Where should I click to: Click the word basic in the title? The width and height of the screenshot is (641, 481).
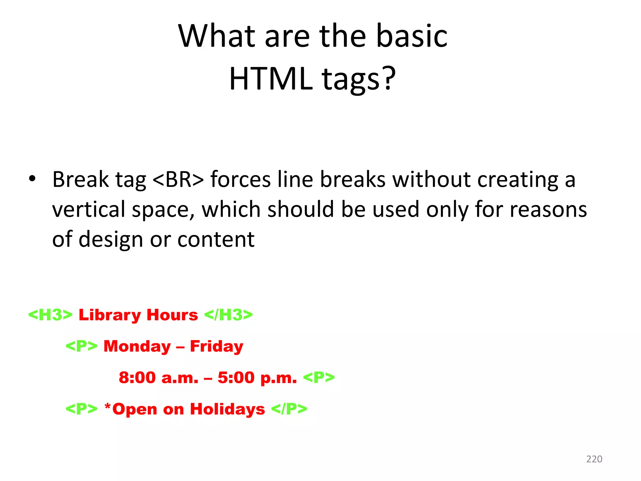tap(412, 36)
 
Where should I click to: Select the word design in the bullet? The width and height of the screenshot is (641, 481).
tap(111, 240)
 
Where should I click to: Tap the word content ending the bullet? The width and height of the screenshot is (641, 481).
tap(216, 240)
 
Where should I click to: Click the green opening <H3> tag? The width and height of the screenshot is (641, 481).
tap(50, 315)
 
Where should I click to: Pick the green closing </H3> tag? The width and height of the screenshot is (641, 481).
tap(228, 315)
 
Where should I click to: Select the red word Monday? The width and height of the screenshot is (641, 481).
tap(137, 346)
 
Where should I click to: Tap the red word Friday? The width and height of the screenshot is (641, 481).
tap(217, 346)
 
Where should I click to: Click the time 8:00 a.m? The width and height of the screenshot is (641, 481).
tap(158, 378)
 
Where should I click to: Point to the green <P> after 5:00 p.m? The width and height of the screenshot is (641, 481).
tap(319, 377)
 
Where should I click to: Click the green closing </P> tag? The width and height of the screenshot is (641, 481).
tap(289, 409)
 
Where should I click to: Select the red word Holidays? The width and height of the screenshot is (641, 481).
tap(228, 409)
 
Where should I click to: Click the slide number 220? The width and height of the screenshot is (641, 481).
tap(594, 459)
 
